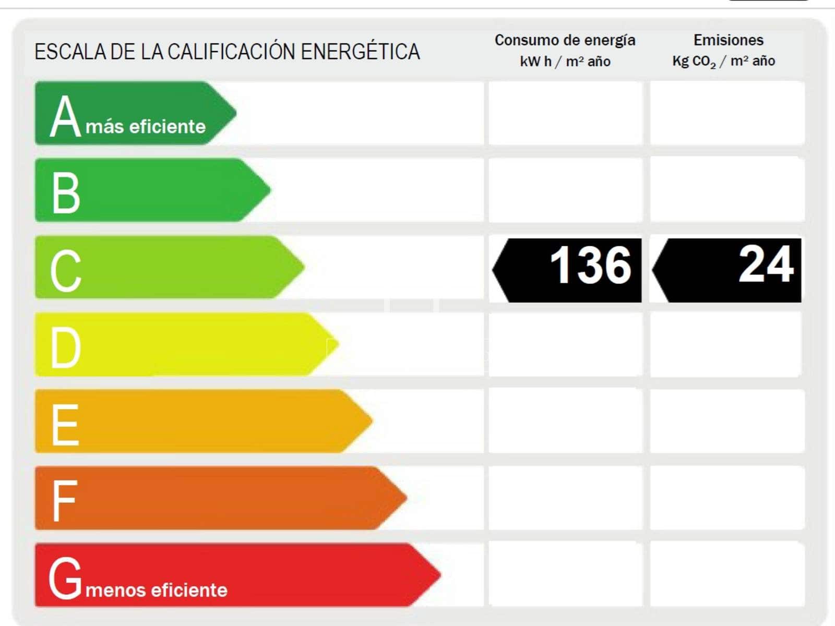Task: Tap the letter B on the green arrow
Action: pyautogui.click(x=66, y=192)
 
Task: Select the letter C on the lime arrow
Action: pyautogui.click(x=66, y=270)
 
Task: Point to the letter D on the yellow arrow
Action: pyautogui.click(x=66, y=347)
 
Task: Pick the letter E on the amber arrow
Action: pyautogui.click(x=65, y=424)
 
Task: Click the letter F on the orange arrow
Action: pyautogui.click(x=64, y=501)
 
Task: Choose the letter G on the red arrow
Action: pyautogui.click(x=65, y=577)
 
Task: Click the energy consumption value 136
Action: pyautogui.click(x=591, y=266)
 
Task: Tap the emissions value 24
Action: pyautogui.click(x=766, y=264)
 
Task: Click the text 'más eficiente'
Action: pyautogui.click(x=146, y=127)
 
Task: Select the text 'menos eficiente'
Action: pyautogui.click(x=157, y=590)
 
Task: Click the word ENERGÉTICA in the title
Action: pyautogui.click(x=361, y=52)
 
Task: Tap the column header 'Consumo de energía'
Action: pyautogui.click(x=565, y=40)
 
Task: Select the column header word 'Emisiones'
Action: pyautogui.click(x=728, y=40)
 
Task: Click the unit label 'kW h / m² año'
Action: pyautogui.click(x=565, y=62)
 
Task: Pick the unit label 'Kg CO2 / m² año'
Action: pyautogui.click(x=723, y=62)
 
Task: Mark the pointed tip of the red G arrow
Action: pyautogui.click(x=440, y=575)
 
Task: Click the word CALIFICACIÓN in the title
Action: pyautogui.click(x=232, y=52)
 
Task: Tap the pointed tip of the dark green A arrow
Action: pyautogui.click(x=235, y=113)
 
